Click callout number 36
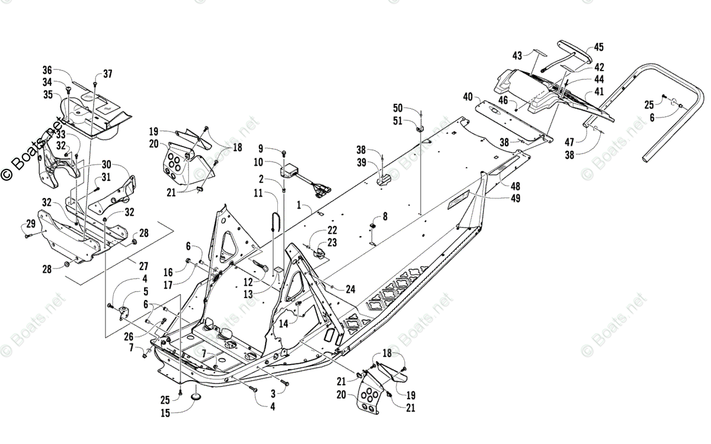[47, 69]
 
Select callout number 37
[107, 74]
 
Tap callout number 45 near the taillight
[599, 47]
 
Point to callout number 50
[398, 107]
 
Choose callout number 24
[351, 289]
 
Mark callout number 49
[515, 199]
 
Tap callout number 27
[144, 266]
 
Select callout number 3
[274, 393]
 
